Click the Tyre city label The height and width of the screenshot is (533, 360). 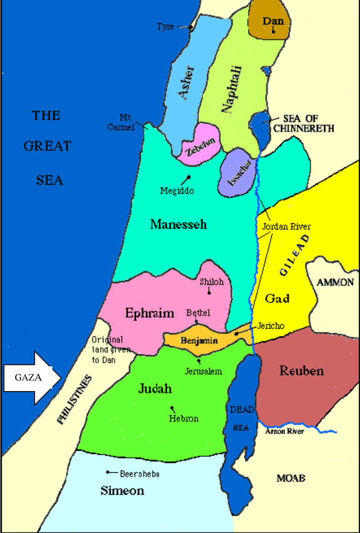coord(165,27)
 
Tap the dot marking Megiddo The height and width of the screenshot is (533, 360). coord(188,177)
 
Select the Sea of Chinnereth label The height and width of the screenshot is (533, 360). coord(306,123)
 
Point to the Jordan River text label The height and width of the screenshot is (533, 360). coord(286,227)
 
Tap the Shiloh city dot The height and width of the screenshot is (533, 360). coord(209,293)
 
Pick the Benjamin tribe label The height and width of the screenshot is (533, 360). coord(199,341)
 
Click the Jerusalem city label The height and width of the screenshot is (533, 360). coord(203,371)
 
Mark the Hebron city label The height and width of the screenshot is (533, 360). coord(184,418)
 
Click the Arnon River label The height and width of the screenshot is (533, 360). coord(284,431)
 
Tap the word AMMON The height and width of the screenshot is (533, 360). coord(335,282)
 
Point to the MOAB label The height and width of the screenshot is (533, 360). coord(291,478)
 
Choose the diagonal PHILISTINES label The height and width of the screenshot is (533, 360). coord(74,400)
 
